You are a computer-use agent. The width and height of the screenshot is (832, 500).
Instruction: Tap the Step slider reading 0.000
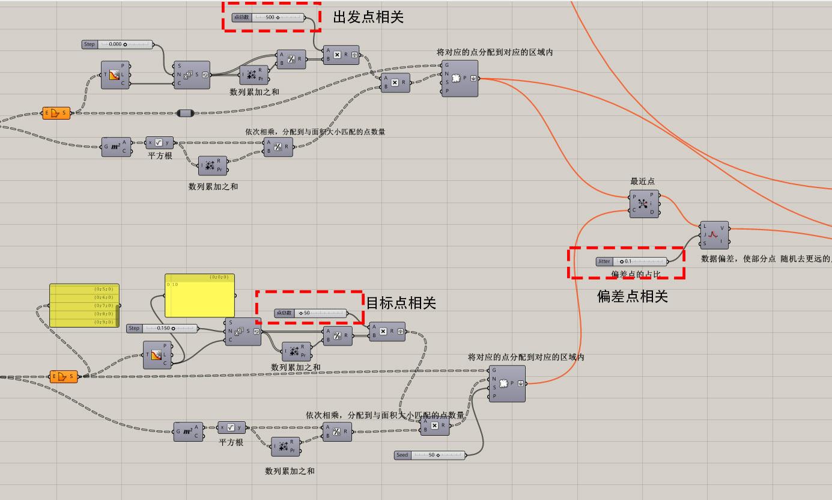[118, 44]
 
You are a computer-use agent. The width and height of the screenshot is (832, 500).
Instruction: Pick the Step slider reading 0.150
[162, 328]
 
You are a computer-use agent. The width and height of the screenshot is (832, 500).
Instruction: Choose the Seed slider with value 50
[430, 455]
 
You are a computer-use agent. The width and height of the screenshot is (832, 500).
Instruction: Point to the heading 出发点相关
[368, 17]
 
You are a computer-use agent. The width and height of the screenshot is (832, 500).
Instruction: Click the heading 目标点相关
[401, 303]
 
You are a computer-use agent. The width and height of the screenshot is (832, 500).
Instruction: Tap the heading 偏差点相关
[632, 296]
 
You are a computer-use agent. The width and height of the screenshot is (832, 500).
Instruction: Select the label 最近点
[642, 181]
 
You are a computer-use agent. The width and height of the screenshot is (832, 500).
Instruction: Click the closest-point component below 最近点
[644, 204]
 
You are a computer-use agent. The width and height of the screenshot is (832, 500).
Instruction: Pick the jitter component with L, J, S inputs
[714, 235]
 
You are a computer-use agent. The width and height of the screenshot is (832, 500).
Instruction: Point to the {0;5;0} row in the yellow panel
[84, 289]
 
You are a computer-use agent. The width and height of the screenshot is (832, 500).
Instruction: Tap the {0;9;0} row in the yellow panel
[84, 322]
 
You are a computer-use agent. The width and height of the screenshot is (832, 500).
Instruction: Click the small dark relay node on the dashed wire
[186, 113]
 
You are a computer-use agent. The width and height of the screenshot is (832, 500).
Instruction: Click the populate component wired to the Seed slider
[506, 383]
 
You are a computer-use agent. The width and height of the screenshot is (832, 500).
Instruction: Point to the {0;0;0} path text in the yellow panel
[219, 277]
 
